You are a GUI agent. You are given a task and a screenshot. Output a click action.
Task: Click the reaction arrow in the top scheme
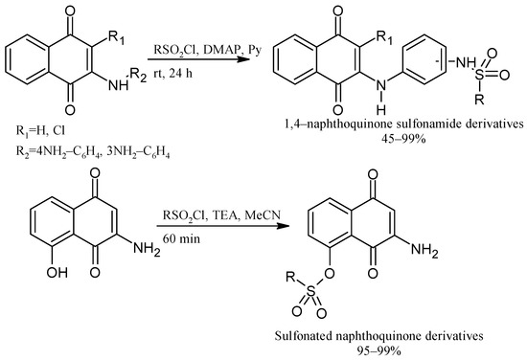[195, 61]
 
